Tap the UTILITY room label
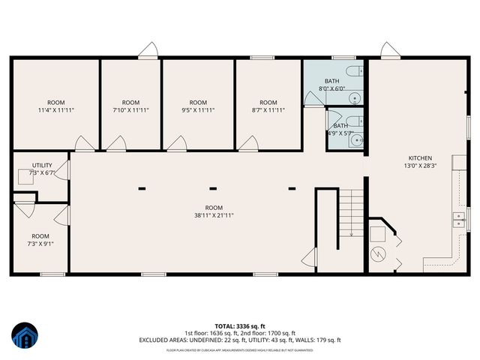(x=41, y=165)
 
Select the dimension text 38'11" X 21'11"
(x=214, y=216)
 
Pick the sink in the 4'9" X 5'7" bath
(x=358, y=139)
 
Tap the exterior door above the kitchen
(x=388, y=50)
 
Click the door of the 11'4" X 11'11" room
(x=85, y=142)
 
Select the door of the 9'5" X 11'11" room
(x=178, y=142)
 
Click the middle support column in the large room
(x=213, y=188)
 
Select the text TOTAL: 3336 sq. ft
(x=240, y=326)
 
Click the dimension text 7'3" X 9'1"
(x=40, y=243)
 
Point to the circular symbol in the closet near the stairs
(x=380, y=252)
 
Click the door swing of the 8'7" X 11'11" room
(x=251, y=142)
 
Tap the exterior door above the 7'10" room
(x=148, y=50)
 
